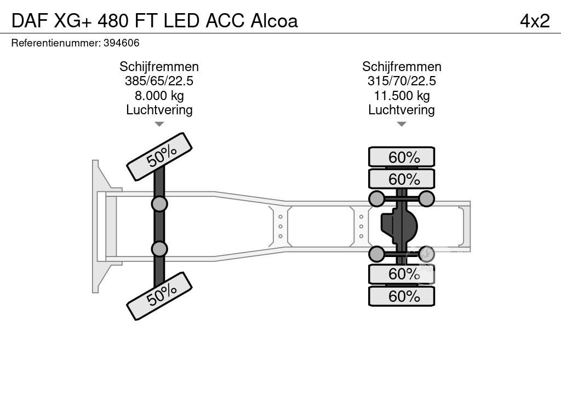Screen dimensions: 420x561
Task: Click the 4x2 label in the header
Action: pyautogui.click(x=534, y=21)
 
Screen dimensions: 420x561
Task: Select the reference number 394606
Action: pyautogui.click(x=121, y=43)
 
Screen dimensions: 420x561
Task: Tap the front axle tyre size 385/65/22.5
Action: pyautogui.click(x=159, y=81)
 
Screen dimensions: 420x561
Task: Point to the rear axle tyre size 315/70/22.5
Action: pyautogui.click(x=402, y=81)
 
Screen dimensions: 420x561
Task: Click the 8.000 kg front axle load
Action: pyautogui.click(x=159, y=96)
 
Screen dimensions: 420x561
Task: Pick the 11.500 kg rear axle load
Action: pyautogui.click(x=402, y=96)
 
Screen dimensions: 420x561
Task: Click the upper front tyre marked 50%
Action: pyautogui.click(x=159, y=156)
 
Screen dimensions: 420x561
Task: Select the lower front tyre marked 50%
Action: pyautogui.click(x=159, y=296)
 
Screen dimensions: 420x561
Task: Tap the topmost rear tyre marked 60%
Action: pyautogui.click(x=402, y=157)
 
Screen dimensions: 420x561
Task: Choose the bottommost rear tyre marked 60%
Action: pyautogui.click(x=402, y=296)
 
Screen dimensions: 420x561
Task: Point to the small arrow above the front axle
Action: pyautogui.click(x=159, y=124)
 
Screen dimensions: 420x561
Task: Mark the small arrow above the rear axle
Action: pyautogui.click(x=402, y=124)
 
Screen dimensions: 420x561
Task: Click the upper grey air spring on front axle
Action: pyautogui.click(x=159, y=204)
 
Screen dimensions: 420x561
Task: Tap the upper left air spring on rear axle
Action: pyautogui.click(x=377, y=199)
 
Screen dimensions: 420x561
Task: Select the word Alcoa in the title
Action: pyautogui.click(x=274, y=21)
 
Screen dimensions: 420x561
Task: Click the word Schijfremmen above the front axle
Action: pyautogui.click(x=159, y=67)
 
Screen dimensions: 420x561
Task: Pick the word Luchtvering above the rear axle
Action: pyautogui.click(x=402, y=110)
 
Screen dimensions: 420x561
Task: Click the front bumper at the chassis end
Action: pyautogui.click(x=98, y=226)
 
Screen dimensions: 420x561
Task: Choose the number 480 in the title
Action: pyautogui.click(x=114, y=21)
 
